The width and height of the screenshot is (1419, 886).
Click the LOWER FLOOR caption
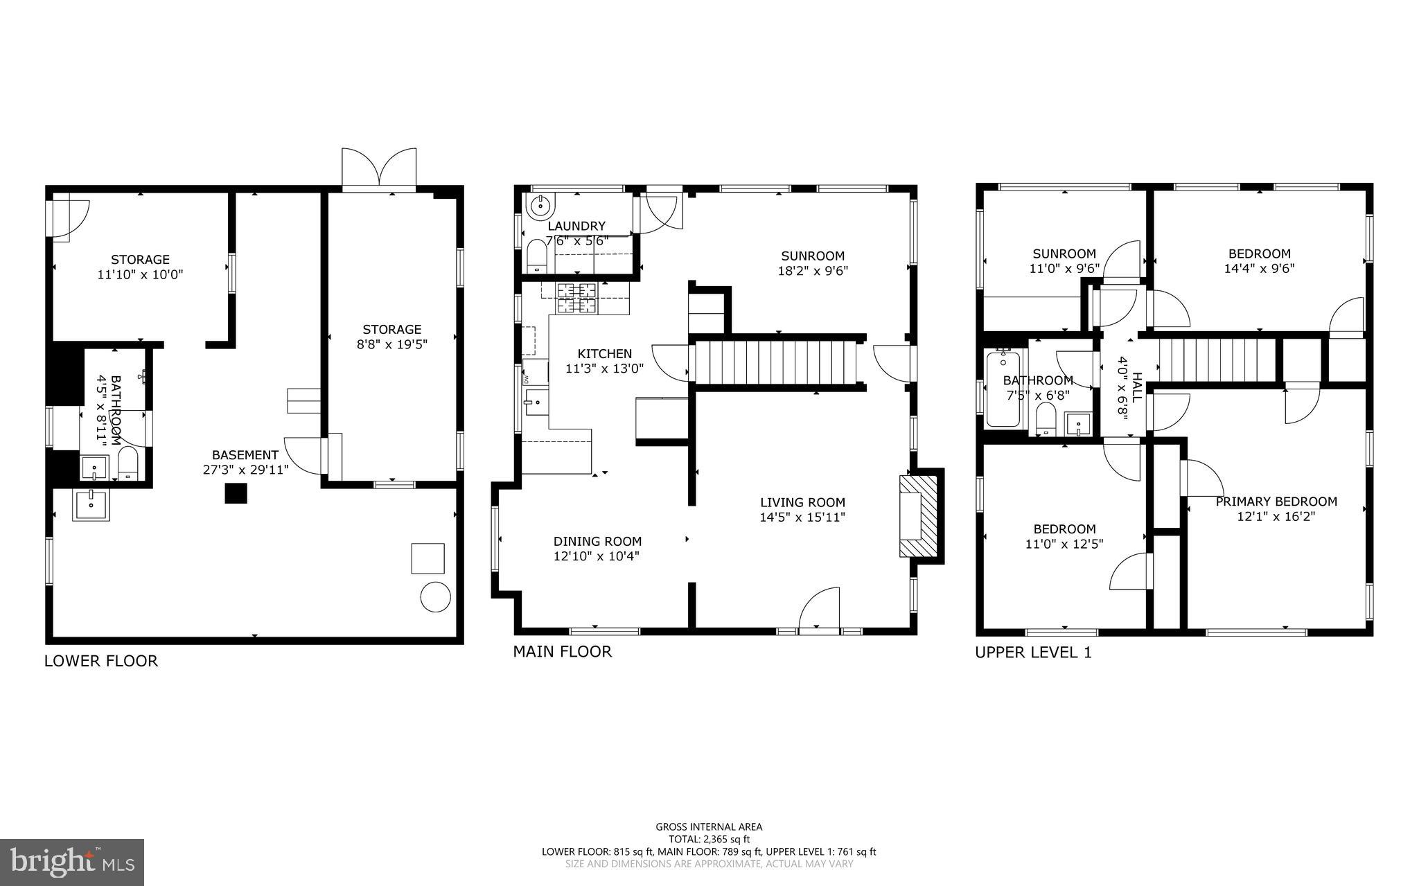pyautogui.click(x=101, y=661)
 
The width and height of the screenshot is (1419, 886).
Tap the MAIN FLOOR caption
pyautogui.click(x=562, y=652)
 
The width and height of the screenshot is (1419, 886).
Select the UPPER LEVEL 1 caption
pyautogui.click(x=1033, y=653)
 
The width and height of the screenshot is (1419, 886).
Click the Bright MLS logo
pyautogui.click(x=72, y=862)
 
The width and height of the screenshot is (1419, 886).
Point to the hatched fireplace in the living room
pyautogui.click(x=918, y=515)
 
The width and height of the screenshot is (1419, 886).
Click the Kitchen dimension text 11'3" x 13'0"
pyautogui.click(x=604, y=369)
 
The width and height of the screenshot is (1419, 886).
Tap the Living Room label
pyautogui.click(x=802, y=502)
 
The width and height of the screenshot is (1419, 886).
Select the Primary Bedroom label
pyautogui.click(x=1276, y=502)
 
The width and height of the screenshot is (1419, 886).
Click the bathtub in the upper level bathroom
pyautogui.click(x=1003, y=389)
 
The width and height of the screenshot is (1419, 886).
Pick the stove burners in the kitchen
pyautogui.click(x=576, y=298)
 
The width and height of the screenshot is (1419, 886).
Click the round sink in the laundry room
pyautogui.click(x=539, y=205)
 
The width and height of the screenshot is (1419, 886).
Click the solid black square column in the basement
pyautogui.click(x=236, y=493)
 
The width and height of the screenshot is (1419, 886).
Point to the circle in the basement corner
pyautogui.click(x=436, y=596)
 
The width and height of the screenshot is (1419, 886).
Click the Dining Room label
pyautogui.click(x=597, y=542)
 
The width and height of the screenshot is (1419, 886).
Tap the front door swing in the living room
pyautogui.click(x=820, y=610)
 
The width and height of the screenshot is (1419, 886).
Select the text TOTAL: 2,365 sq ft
pyautogui.click(x=709, y=839)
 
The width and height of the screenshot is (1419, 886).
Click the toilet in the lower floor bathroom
pyautogui.click(x=128, y=463)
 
